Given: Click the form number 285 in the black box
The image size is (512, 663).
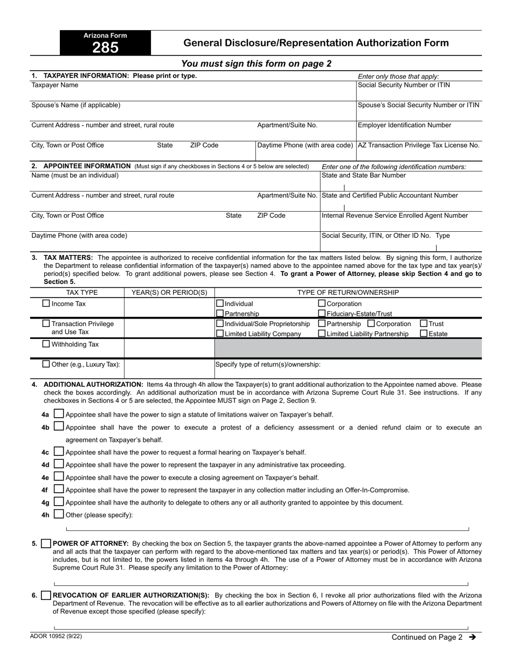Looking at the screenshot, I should tap(105, 48).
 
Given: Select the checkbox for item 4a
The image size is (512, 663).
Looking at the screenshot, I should tap(59, 414).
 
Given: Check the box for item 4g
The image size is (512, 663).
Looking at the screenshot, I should tap(59, 502).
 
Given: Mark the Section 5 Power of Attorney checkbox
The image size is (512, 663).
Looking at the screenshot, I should tap(46, 544).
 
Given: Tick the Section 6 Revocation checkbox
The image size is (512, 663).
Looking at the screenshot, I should tap(46, 596).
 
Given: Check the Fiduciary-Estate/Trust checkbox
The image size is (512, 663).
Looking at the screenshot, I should tap(322, 314).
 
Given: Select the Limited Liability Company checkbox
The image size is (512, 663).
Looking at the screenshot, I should tap(219, 334).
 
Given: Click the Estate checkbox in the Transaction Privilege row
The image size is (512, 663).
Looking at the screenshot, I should tap(424, 334).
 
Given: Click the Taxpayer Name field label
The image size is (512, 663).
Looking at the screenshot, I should tap(55, 85).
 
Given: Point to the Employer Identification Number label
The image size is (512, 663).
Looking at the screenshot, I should tap(405, 125).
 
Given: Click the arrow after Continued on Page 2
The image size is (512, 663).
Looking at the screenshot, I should tap(473, 637).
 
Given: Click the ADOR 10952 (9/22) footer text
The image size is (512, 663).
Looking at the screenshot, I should tap(57, 636).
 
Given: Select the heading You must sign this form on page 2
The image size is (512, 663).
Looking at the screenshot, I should tap(256, 64).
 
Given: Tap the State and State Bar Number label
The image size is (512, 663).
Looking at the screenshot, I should tap(364, 175).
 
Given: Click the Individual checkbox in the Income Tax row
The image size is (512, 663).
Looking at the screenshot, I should tap(219, 304).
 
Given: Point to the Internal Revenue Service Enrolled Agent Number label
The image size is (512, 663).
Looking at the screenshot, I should tap(395, 216).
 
